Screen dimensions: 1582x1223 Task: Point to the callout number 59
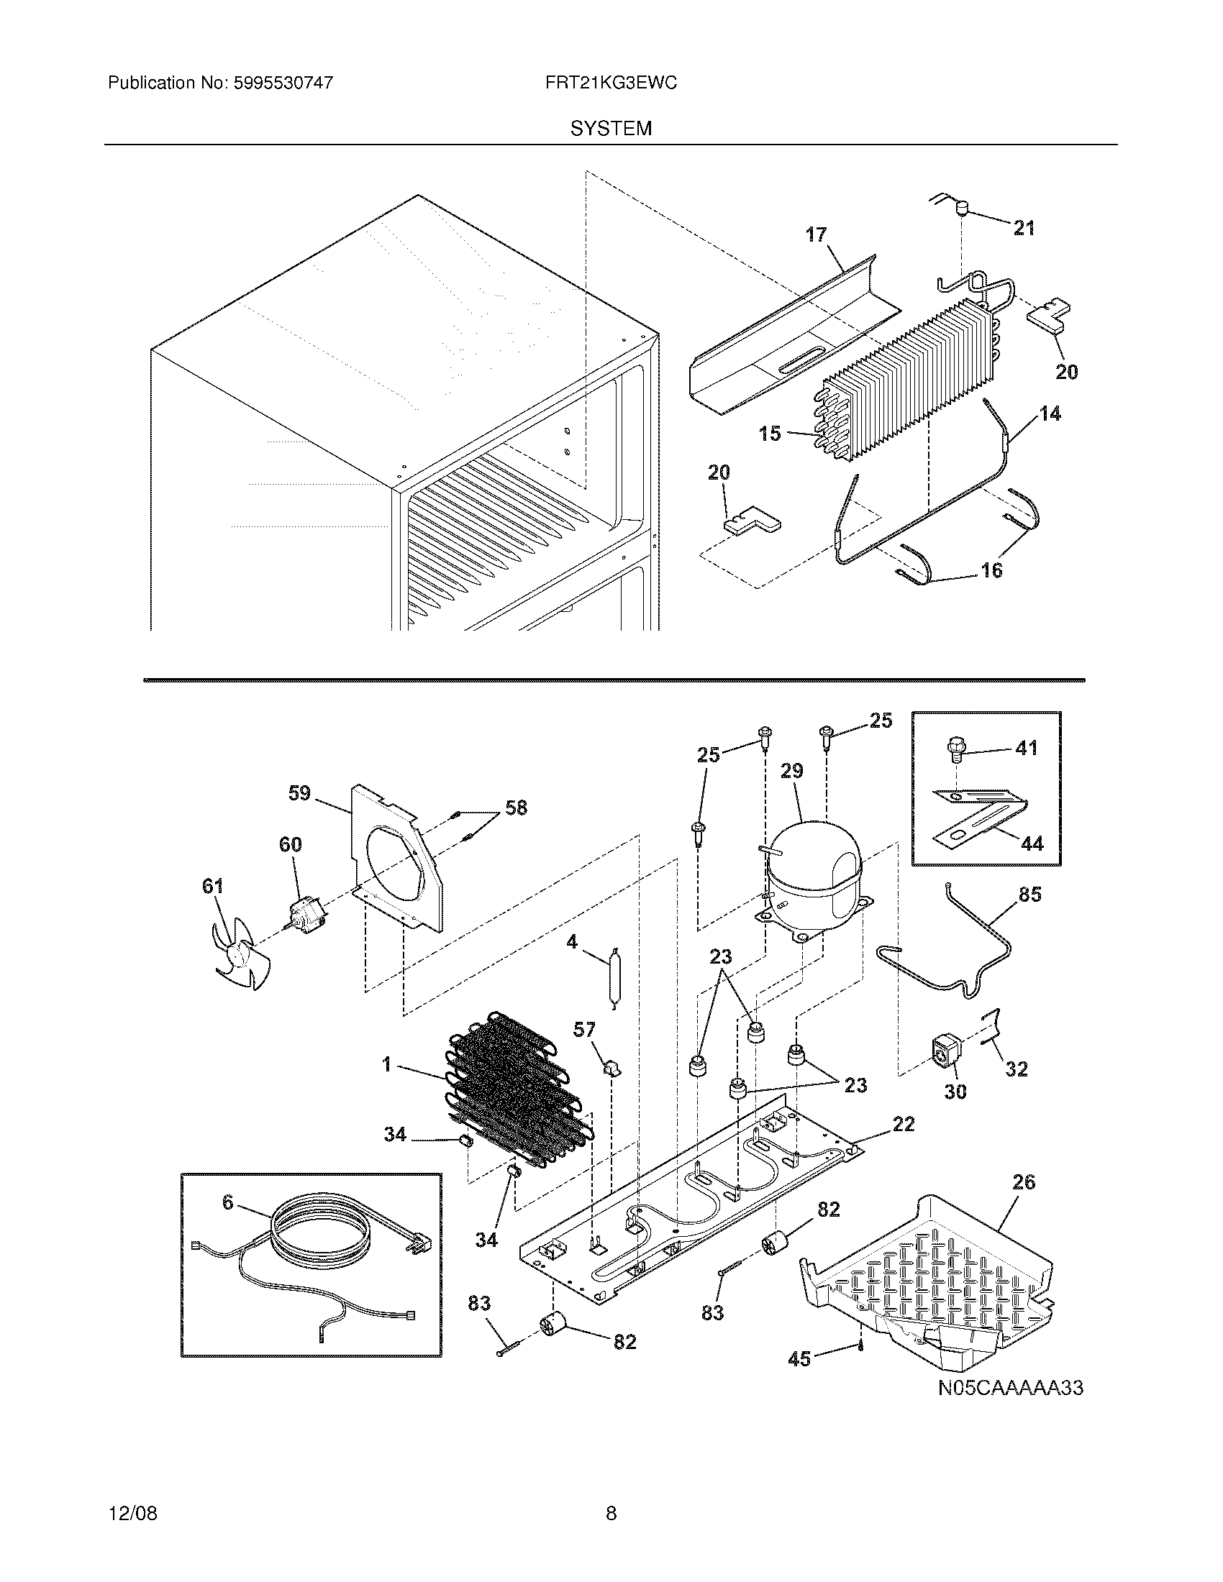pos(299,793)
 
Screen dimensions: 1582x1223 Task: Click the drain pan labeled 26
pos(935,1282)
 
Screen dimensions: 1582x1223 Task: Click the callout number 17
pos(816,234)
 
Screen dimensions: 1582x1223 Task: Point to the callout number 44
pos(1032,843)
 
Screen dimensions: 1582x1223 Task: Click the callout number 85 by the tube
pos(1029,895)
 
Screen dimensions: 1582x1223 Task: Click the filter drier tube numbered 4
pos(614,978)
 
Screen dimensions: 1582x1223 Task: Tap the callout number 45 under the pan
pos(799,1360)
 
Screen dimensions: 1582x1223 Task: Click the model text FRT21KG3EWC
pos(611,83)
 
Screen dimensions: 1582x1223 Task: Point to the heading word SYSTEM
pos(611,129)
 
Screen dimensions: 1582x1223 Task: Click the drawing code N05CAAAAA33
pos(1010,1389)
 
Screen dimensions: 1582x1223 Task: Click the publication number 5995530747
pos(283,83)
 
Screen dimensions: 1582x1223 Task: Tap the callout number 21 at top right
pos(1024,228)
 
